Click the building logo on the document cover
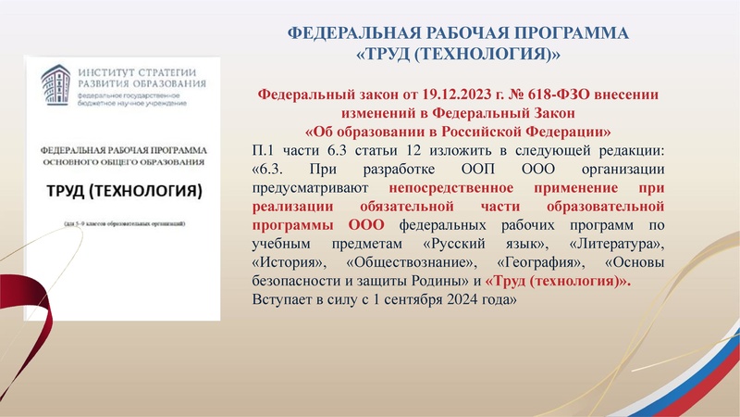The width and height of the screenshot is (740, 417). point(58,82)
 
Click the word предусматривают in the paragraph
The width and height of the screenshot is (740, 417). point(306,187)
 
